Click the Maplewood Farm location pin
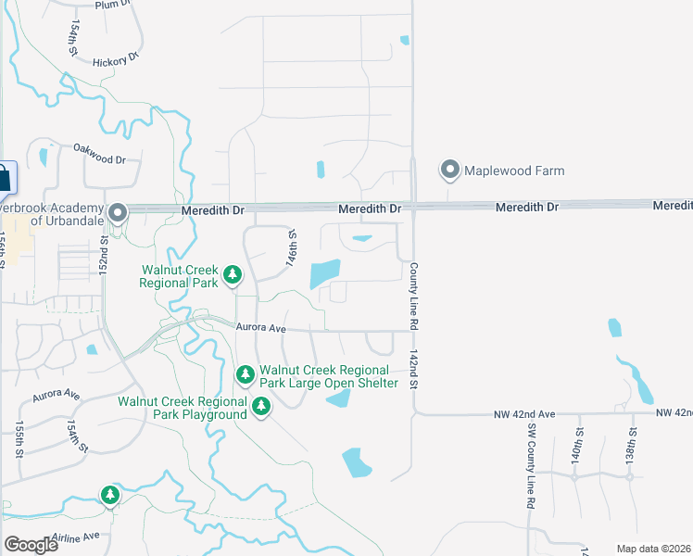(450, 170)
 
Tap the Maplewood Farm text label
(514, 171)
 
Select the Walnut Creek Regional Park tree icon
(233, 274)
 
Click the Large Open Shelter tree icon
(246, 374)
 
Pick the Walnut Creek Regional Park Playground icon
(261, 406)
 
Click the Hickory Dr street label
(115, 60)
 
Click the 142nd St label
(414, 370)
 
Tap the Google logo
(31, 545)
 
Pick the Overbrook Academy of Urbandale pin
(118, 214)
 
